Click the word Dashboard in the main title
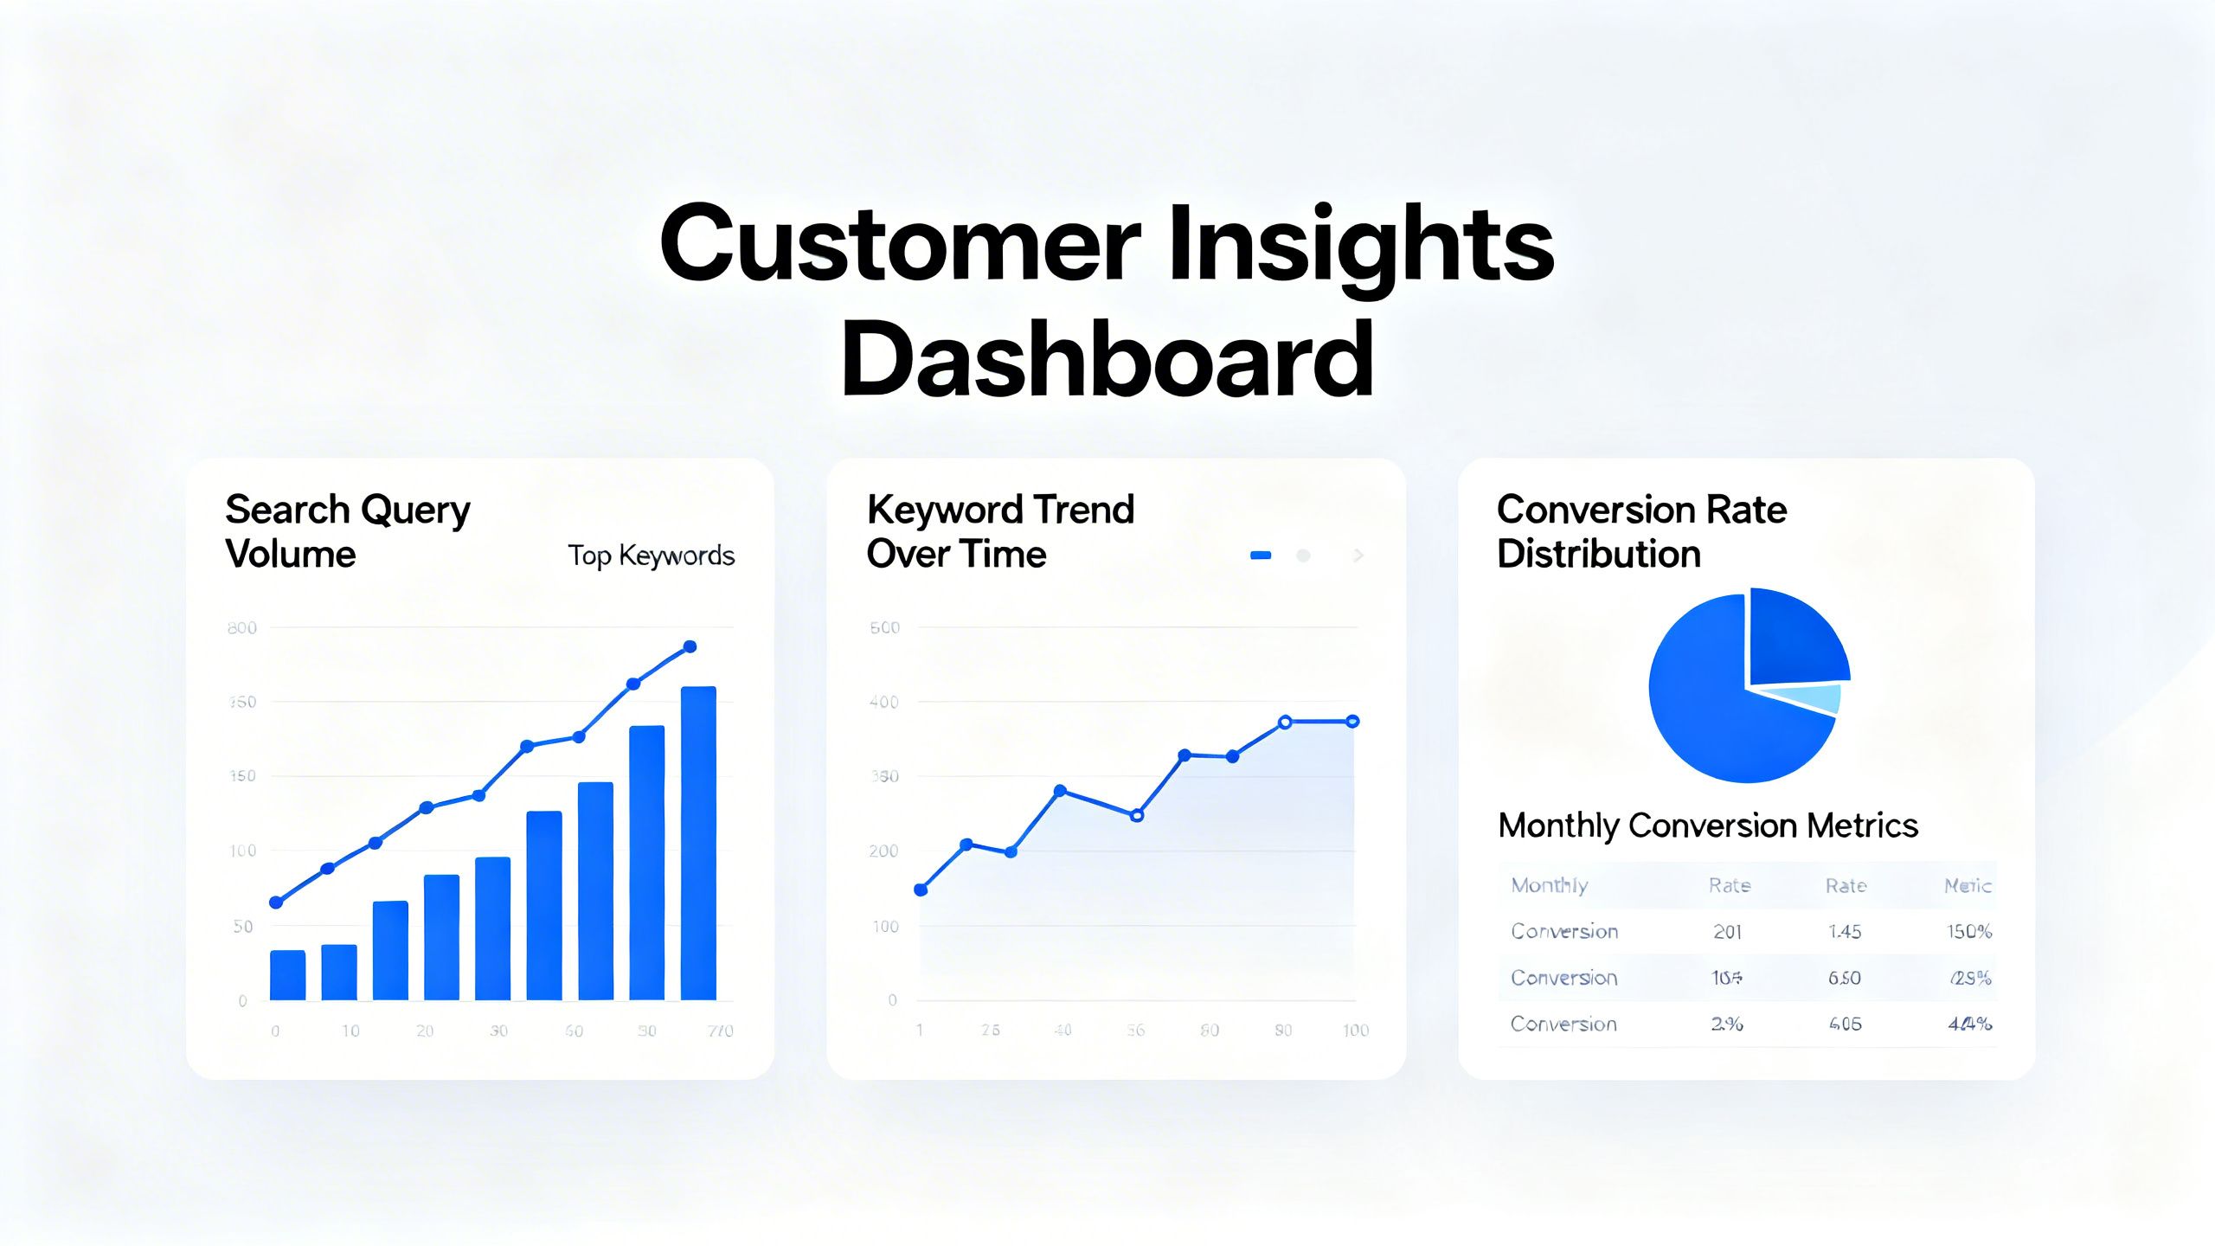(x=1107, y=360)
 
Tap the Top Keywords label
(x=651, y=556)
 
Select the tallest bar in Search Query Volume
(x=698, y=844)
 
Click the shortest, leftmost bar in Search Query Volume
(x=287, y=975)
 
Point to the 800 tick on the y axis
(x=242, y=628)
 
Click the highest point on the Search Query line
(x=690, y=646)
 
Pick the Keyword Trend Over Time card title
(x=999, y=531)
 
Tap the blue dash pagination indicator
(x=1261, y=556)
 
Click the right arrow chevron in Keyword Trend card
(x=1358, y=556)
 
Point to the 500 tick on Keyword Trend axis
(x=884, y=628)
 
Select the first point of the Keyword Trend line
(x=921, y=890)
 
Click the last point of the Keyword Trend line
(x=1353, y=721)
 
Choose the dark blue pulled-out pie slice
(x=1794, y=639)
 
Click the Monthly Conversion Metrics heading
(x=1708, y=825)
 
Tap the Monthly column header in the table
(x=1549, y=885)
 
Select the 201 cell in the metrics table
(x=1727, y=932)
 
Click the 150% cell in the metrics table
(x=1969, y=932)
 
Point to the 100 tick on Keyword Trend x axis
(x=1355, y=1031)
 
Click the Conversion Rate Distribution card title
(x=1641, y=531)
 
